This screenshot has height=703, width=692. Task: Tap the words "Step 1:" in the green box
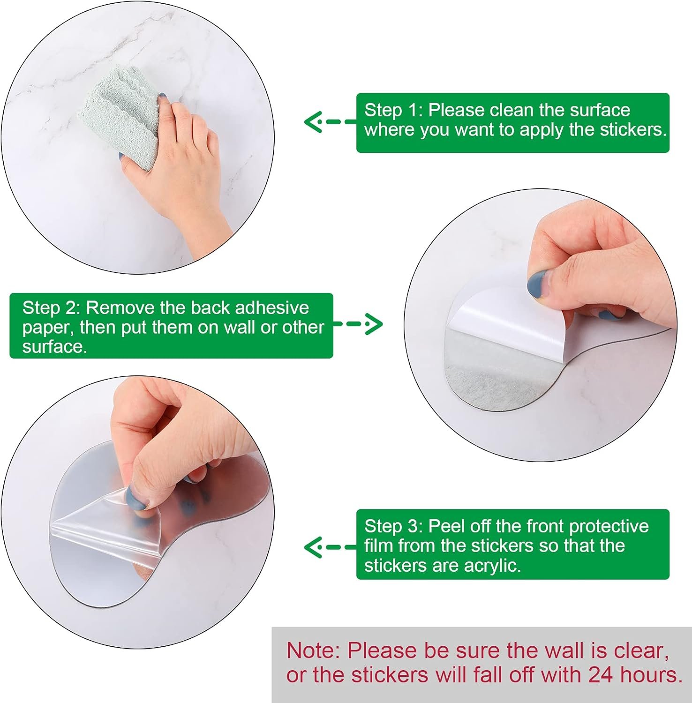click(394, 110)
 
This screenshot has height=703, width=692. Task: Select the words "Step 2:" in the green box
click(52, 308)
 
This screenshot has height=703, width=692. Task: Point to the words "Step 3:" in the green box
click(394, 526)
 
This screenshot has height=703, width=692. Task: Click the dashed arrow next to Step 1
click(330, 122)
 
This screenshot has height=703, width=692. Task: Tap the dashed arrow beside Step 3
click(330, 547)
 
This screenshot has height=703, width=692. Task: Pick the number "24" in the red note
click(601, 675)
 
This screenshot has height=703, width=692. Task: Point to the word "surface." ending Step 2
click(55, 347)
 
